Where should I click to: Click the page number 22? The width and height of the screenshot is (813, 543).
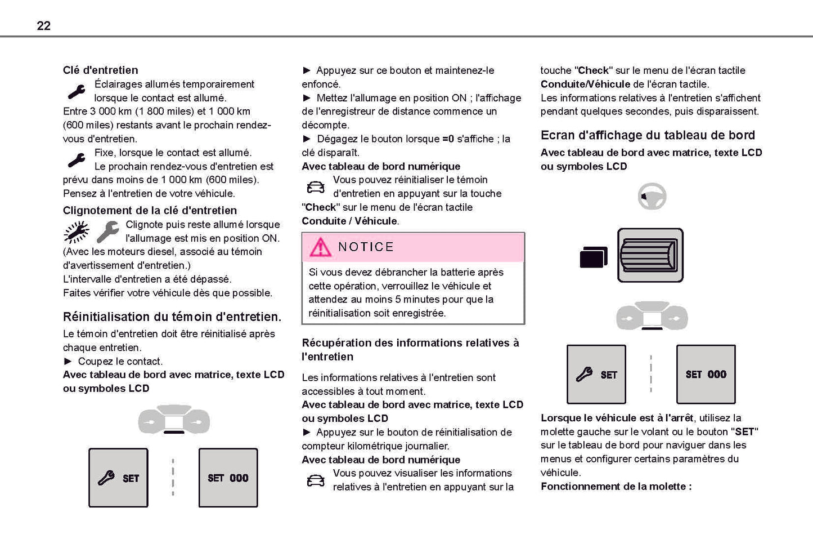click(x=43, y=25)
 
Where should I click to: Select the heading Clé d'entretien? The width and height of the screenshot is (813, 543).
click(x=100, y=70)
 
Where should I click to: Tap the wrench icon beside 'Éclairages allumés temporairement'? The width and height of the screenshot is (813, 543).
click(x=77, y=91)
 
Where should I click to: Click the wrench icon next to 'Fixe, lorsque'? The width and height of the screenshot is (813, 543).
click(x=77, y=160)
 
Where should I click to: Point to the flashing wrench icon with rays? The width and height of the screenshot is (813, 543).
click(x=76, y=232)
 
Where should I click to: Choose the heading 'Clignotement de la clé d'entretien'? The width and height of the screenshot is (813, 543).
click(x=150, y=210)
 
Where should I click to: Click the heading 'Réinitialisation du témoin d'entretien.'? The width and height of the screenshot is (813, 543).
click(x=172, y=317)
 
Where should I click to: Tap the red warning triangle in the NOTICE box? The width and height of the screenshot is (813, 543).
click(x=320, y=247)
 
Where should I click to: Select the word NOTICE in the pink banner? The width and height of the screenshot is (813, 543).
click(x=366, y=247)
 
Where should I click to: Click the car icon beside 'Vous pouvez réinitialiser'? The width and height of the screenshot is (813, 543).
click(x=316, y=187)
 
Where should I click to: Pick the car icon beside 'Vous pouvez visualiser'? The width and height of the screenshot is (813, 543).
click(x=316, y=480)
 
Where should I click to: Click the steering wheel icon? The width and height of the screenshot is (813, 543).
click(x=652, y=197)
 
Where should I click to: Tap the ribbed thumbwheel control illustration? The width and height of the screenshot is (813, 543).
click(x=650, y=255)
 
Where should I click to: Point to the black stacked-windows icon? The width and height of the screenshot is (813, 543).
click(x=594, y=257)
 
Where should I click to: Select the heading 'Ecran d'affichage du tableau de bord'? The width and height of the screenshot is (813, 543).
click(x=648, y=135)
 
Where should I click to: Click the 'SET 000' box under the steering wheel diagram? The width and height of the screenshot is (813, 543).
click(x=706, y=374)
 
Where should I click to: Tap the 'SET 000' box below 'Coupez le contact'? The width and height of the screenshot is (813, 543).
click(x=228, y=478)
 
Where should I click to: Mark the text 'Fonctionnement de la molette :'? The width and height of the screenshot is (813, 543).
click(x=616, y=486)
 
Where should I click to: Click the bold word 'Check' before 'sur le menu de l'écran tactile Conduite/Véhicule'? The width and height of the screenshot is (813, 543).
click(x=594, y=70)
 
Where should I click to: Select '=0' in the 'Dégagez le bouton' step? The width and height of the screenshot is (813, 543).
click(x=448, y=139)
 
